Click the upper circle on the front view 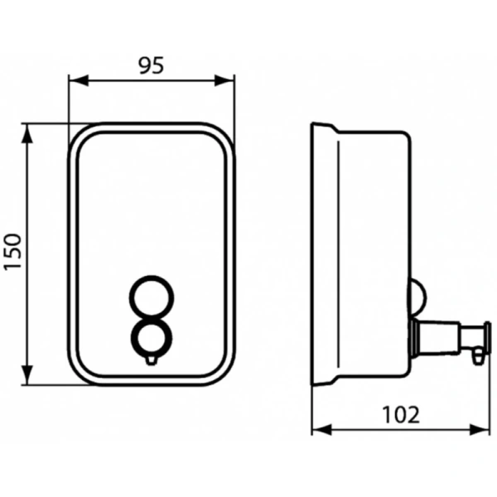click(151, 296)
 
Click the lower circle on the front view click(151, 338)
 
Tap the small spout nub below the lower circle click(151, 359)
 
